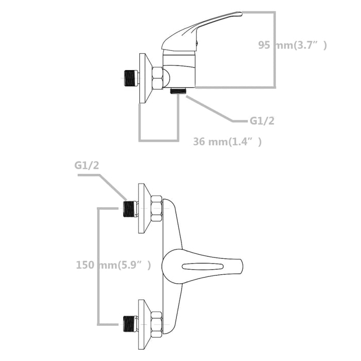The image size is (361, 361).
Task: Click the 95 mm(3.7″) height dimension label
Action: point(292,45)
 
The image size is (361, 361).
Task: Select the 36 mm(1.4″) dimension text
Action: point(227,142)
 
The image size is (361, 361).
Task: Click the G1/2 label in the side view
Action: point(262,121)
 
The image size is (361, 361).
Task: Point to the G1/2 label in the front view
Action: point(86,166)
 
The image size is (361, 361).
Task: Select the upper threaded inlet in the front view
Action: point(129,208)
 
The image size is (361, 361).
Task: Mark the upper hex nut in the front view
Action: point(156,208)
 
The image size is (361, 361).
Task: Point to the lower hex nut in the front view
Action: point(156,324)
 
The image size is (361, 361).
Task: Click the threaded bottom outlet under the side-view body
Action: point(178,90)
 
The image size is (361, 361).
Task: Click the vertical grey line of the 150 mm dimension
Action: point(98,266)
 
